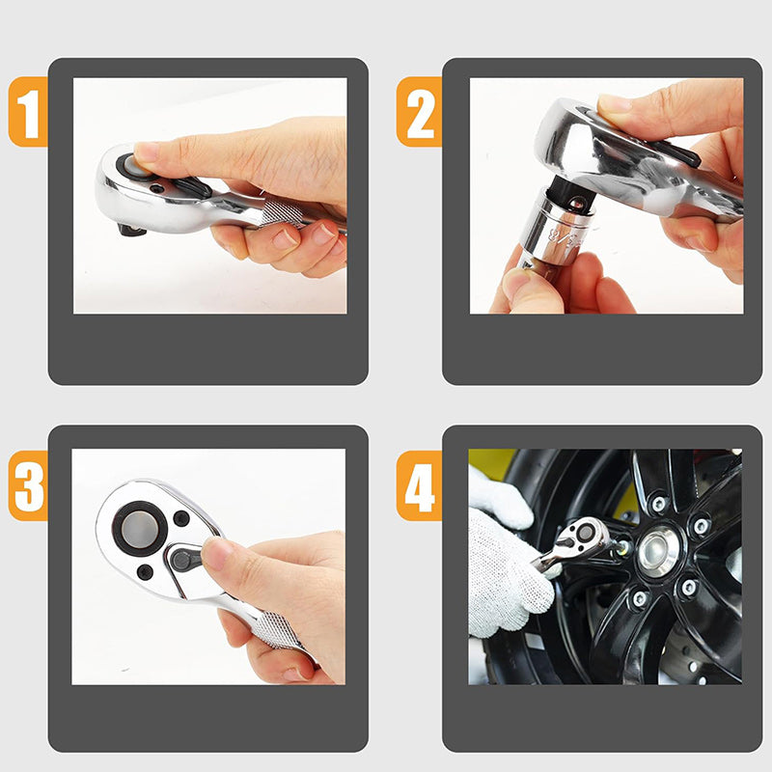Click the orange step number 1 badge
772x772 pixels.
tap(28, 112)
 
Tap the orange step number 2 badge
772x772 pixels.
tap(419, 112)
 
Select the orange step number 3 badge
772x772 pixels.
tap(28, 485)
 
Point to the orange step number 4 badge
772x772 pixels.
tap(419, 485)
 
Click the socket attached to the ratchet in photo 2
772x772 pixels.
tap(557, 230)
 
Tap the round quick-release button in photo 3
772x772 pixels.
tap(139, 529)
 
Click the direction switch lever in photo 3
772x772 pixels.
tap(184, 560)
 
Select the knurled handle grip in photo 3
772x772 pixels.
tap(277, 630)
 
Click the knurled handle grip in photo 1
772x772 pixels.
tap(282, 212)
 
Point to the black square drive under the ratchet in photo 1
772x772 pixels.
tap(131, 230)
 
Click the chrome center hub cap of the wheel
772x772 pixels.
tap(658, 551)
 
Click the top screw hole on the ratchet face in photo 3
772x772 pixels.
tap(181, 518)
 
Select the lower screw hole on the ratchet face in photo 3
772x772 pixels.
tap(145, 572)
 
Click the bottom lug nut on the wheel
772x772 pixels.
tap(640, 598)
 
